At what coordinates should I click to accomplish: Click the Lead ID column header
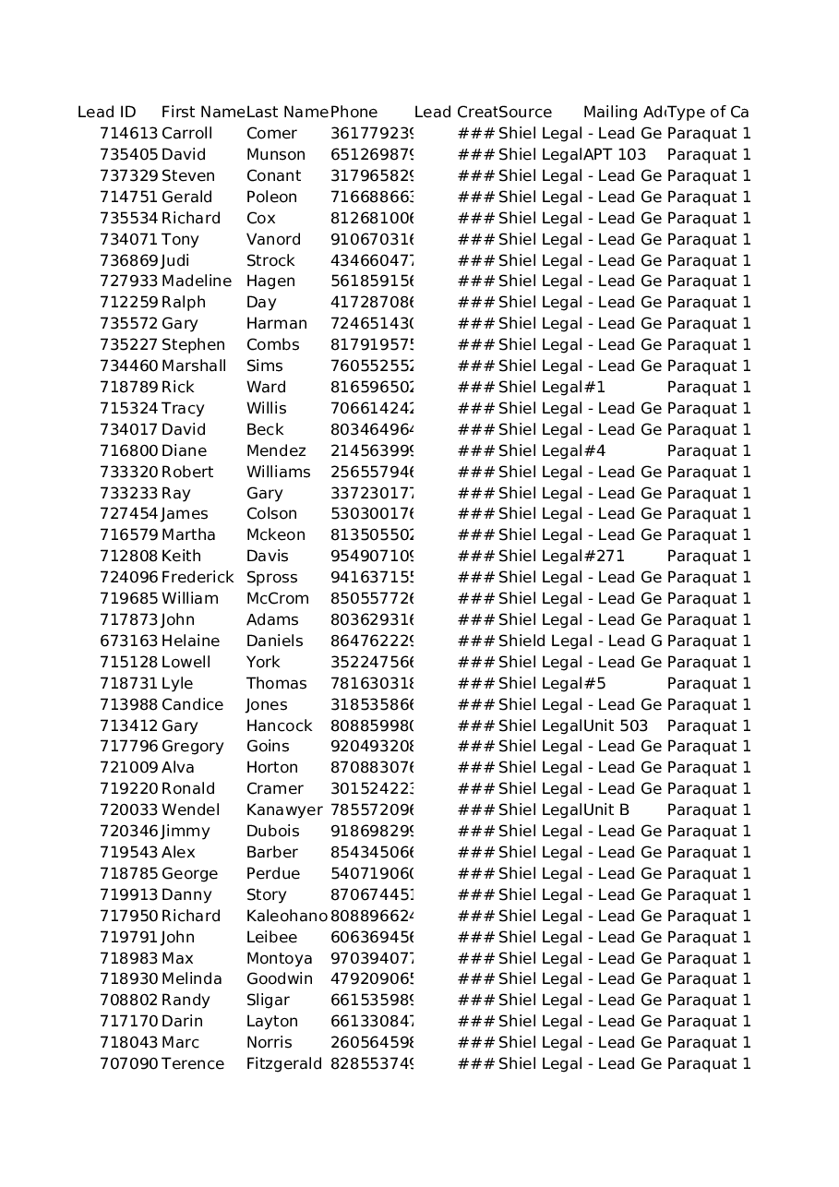point(107,113)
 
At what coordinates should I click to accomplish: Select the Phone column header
point(354,113)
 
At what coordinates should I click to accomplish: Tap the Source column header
point(525,113)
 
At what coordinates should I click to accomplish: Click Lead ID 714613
point(129,134)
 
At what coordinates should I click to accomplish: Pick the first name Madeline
point(197,282)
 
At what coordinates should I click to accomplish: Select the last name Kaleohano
point(286,917)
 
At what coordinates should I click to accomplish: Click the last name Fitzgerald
point(284,1064)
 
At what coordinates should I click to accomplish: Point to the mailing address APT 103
point(615,155)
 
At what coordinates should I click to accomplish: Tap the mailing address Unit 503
point(616,726)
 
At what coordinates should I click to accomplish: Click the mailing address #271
point(605,557)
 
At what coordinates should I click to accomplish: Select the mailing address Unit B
point(606,810)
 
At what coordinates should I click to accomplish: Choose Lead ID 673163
point(129,641)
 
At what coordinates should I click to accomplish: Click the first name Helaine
point(190,641)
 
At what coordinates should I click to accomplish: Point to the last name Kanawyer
point(284,810)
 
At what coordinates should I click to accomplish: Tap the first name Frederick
point(198,578)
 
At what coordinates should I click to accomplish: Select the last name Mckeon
point(276,535)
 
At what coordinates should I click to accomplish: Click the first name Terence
point(193,1064)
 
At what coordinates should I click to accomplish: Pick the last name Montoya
point(280,959)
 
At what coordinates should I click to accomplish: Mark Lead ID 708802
point(129,1001)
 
